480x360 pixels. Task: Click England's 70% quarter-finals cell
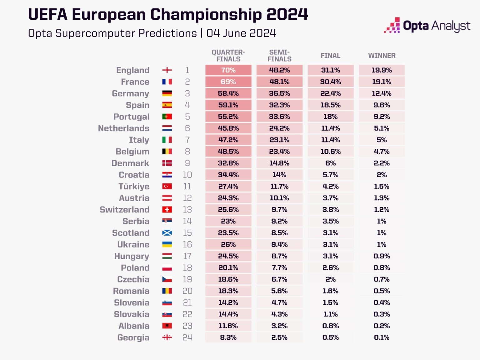tap(228, 70)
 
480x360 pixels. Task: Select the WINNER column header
tap(382, 56)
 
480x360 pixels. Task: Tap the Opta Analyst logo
tap(427, 26)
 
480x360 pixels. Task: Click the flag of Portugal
tap(167, 117)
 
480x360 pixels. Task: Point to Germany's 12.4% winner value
tap(382, 93)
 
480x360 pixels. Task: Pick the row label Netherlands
tap(124, 128)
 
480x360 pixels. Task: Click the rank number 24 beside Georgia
tap(187, 337)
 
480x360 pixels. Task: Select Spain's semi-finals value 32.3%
tap(279, 105)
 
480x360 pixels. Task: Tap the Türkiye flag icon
tap(167, 187)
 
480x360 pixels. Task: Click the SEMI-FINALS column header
tap(279, 56)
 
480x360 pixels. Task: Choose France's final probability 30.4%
tap(330, 82)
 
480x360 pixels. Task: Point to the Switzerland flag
tap(167, 210)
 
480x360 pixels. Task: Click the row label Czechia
tap(133, 279)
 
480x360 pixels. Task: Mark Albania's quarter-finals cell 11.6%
tap(228, 326)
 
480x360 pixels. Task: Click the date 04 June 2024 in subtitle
tap(241, 33)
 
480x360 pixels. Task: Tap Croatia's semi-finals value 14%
tap(279, 175)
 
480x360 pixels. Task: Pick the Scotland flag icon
tap(167, 233)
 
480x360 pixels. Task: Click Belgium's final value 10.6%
tap(330, 152)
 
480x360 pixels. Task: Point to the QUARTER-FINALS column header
tap(228, 56)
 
